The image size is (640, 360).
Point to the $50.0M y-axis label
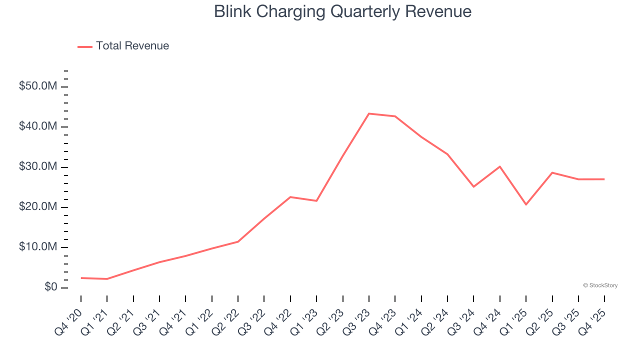point(37,86)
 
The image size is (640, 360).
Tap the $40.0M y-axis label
point(37,126)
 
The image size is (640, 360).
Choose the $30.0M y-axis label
point(37,167)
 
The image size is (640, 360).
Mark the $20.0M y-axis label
point(37,207)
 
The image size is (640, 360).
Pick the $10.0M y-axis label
point(37,247)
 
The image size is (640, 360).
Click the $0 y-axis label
point(49,287)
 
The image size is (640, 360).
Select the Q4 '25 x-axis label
point(593,316)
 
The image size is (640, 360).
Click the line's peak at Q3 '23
point(368,113)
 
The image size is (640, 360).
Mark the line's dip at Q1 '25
point(526,204)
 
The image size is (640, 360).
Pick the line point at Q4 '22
point(290,197)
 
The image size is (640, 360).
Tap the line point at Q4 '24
point(499,166)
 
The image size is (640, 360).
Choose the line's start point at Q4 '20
point(81,278)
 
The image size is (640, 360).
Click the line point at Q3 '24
point(473,186)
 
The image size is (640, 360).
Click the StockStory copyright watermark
point(600,285)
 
